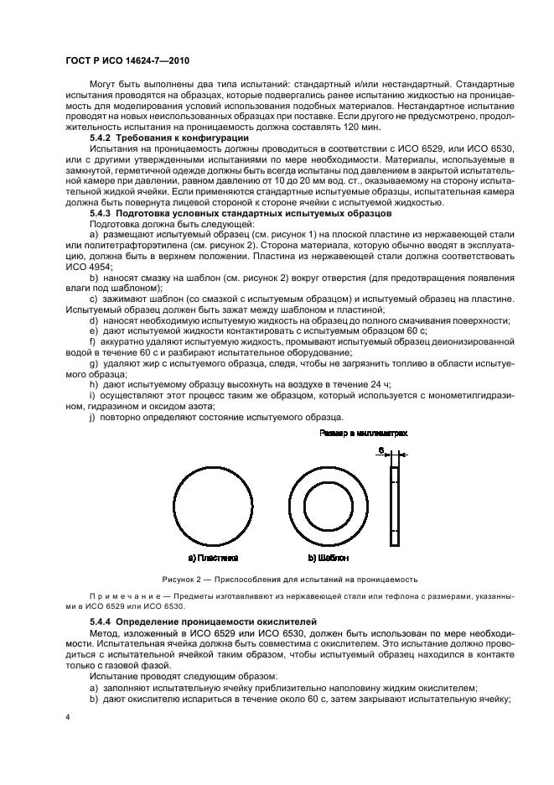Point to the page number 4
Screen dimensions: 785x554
tap(68, 718)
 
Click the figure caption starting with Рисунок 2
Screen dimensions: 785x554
tap(277, 580)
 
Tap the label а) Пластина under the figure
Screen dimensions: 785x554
tap(214, 557)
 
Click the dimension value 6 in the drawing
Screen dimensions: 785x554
tap(382, 450)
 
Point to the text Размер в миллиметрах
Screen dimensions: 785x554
tap(364, 434)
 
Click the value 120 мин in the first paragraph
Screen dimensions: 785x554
tap(361, 127)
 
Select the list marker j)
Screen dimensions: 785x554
tap(92, 416)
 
